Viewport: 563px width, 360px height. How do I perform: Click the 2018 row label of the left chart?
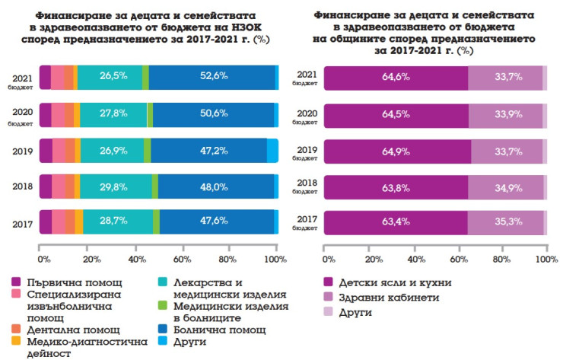pyautogui.click(x=22, y=186)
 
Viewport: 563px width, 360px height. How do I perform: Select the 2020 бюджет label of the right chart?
pyautogui.click(x=306, y=115)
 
